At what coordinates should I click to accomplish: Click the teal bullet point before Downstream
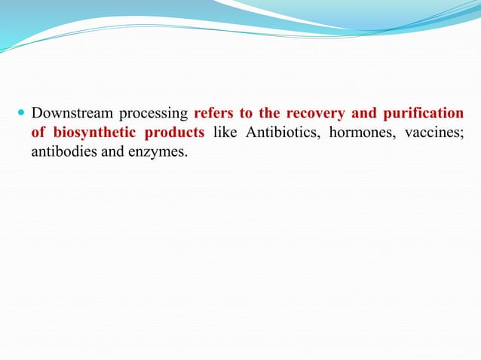pos(21,114)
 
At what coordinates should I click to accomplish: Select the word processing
pos(150,114)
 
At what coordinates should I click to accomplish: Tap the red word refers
pos(216,114)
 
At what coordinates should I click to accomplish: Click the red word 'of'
pos(38,133)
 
